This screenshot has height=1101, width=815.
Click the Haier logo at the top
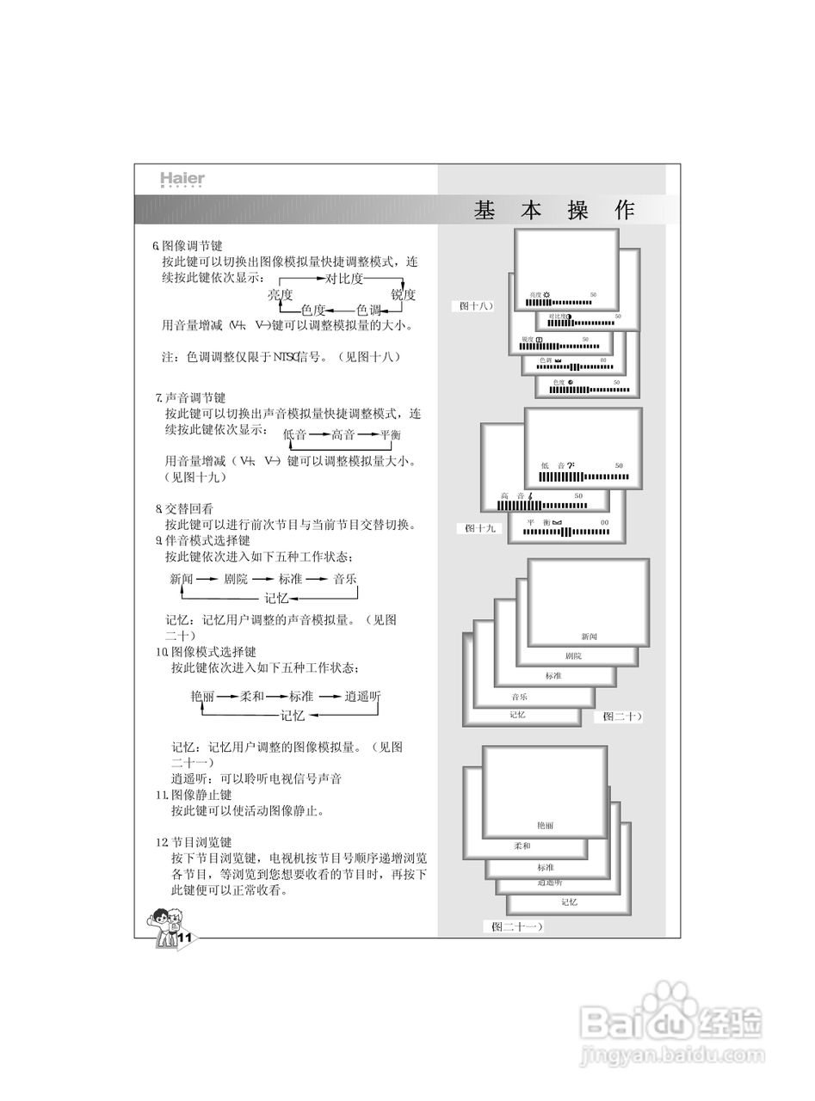(182, 180)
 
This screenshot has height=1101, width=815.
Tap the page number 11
(182, 937)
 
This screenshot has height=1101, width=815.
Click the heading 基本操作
(554, 211)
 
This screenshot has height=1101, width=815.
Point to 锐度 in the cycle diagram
(403, 295)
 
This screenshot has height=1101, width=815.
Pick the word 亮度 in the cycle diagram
(281, 295)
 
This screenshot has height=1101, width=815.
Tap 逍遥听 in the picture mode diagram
(361, 696)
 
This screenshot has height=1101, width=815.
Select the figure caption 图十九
(479, 528)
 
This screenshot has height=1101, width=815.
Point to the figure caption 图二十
(621, 716)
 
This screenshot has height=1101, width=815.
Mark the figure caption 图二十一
(516, 926)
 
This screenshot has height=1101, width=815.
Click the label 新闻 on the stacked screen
(589, 637)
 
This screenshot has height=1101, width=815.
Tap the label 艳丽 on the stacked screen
(545, 825)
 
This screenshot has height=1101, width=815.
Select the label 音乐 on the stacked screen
(519, 697)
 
